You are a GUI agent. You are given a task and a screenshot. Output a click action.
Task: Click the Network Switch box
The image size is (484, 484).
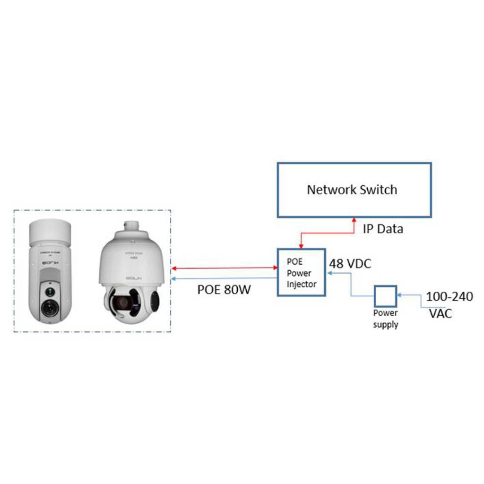354,190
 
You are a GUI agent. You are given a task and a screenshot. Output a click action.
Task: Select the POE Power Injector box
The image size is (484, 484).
301,273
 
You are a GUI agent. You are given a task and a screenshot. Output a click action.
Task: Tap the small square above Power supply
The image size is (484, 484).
385,296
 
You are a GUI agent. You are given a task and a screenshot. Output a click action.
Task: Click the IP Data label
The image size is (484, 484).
383,229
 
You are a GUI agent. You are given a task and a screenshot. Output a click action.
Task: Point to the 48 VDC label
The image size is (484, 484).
350,264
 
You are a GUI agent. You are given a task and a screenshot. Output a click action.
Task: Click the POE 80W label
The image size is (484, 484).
224,289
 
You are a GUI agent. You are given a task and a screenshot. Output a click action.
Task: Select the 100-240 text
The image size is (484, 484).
449,297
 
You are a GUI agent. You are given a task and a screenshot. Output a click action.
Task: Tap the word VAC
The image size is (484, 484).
441,313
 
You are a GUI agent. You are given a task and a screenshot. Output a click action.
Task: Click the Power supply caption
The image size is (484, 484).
385,319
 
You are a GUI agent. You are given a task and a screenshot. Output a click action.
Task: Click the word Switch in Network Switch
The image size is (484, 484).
378,190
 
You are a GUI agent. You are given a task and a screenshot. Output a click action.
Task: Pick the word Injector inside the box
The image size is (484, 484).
302,284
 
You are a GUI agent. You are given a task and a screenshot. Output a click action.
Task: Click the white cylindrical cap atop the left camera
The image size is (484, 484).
50,231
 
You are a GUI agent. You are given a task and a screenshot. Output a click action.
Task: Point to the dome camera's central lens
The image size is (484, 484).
122,302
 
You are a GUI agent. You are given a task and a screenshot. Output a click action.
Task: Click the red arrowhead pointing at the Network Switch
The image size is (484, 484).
354,220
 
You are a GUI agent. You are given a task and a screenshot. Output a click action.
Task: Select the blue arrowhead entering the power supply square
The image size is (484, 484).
398,295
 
